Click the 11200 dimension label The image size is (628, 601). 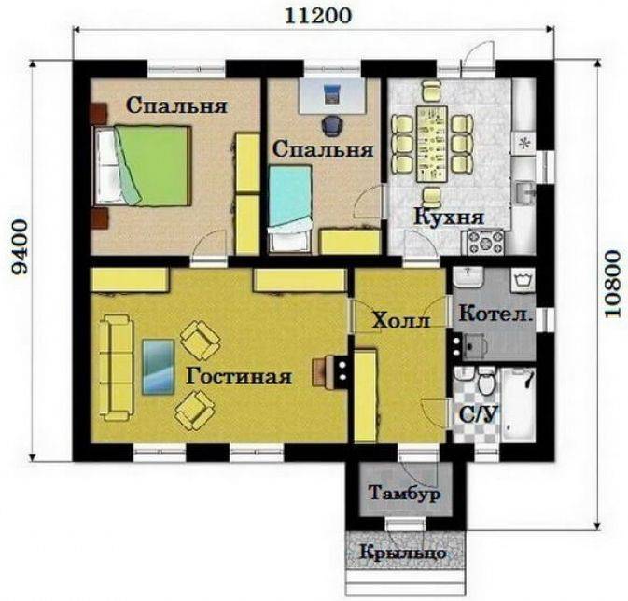click(x=318, y=16)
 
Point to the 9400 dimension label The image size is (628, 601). click(x=20, y=246)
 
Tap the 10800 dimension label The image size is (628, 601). click(x=612, y=284)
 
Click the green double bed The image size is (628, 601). click(x=142, y=166)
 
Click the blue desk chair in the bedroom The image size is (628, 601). click(x=332, y=124)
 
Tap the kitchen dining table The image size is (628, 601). click(x=432, y=144)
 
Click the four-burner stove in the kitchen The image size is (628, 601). click(x=485, y=242)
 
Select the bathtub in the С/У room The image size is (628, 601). click(x=518, y=405)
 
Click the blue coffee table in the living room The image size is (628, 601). click(x=159, y=367)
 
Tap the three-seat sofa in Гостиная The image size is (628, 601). click(x=116, y=368)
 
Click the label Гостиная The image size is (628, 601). click(x=239, y=377)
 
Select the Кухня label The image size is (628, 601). click(x=449, y=217)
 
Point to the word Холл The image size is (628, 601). click(x=401, y=320)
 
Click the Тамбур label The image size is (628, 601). click(x=405, y=494)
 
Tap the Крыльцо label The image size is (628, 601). click(x=403, y=552)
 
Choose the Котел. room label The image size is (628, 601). click(x=496, y=314)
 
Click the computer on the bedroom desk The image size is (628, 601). click(x=332, y=93)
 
